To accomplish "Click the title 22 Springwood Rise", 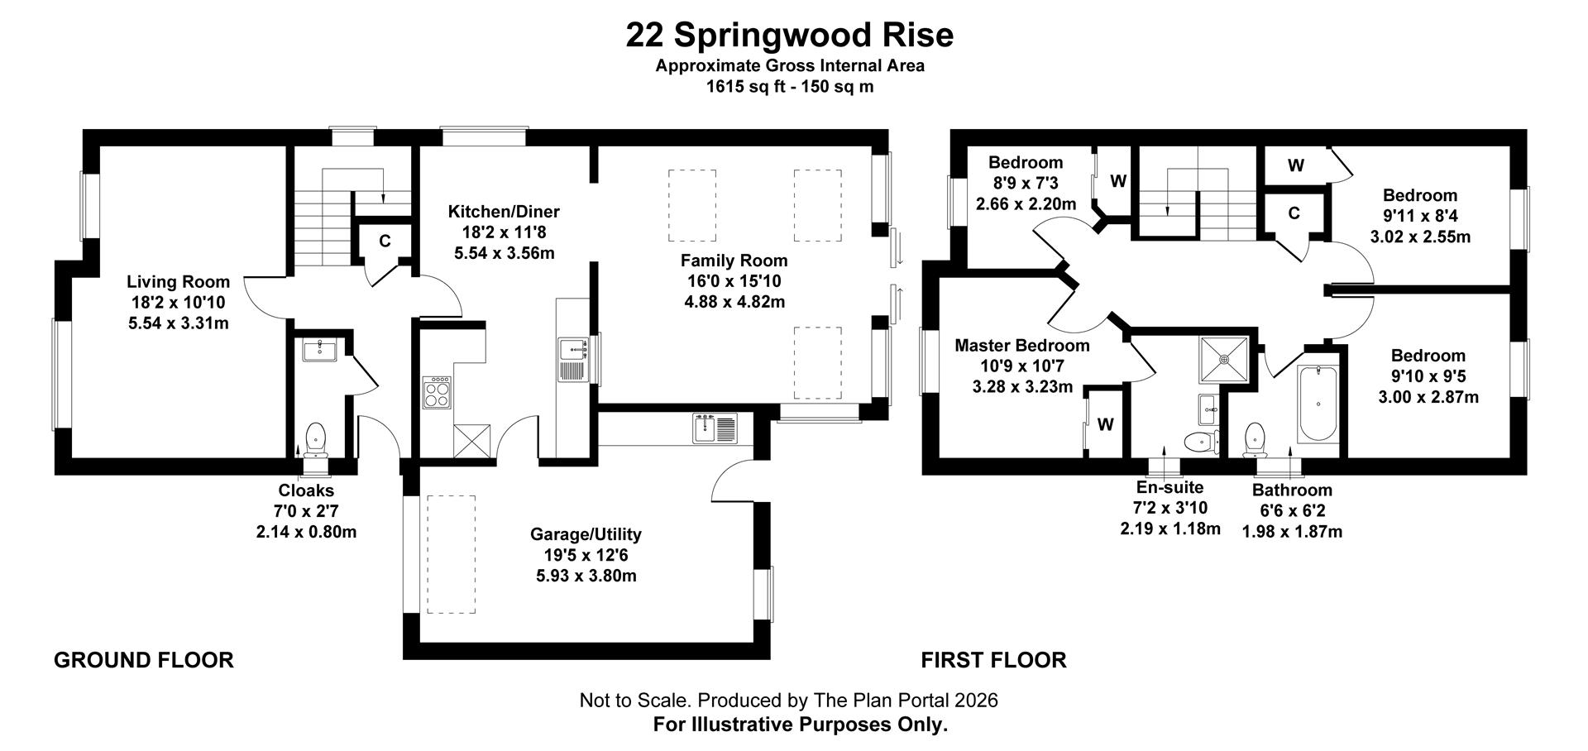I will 789,36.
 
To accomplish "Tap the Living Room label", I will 178,282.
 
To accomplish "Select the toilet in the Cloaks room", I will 315,439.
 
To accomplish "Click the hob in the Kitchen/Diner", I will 437,392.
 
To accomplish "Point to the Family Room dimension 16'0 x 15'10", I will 734,281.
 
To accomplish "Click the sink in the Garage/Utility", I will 714,428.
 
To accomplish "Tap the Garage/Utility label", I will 586,534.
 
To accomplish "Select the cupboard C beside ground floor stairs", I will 385,242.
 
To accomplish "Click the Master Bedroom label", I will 1021,345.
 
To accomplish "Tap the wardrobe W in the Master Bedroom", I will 1105,424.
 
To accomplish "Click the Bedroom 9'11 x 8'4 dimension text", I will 1420,216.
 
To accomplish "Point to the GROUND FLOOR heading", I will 144,660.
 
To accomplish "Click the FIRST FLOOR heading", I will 993,660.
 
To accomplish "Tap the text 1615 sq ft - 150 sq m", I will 789,86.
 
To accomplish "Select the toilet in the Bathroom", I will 1255,439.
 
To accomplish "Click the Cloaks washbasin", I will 318,351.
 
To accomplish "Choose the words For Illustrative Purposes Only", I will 800,725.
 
